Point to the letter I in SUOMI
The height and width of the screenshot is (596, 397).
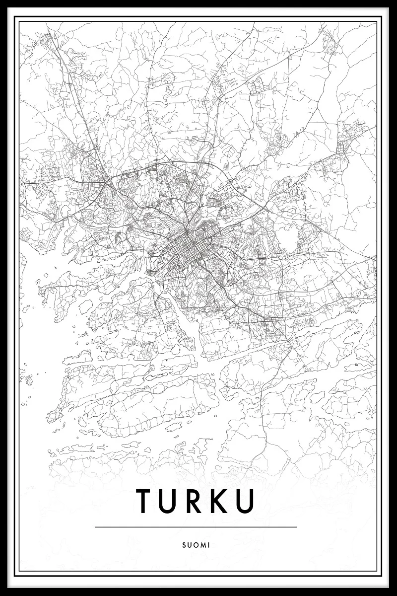[x=209, y=544]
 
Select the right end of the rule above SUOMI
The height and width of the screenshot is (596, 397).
[x=296, y=526]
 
